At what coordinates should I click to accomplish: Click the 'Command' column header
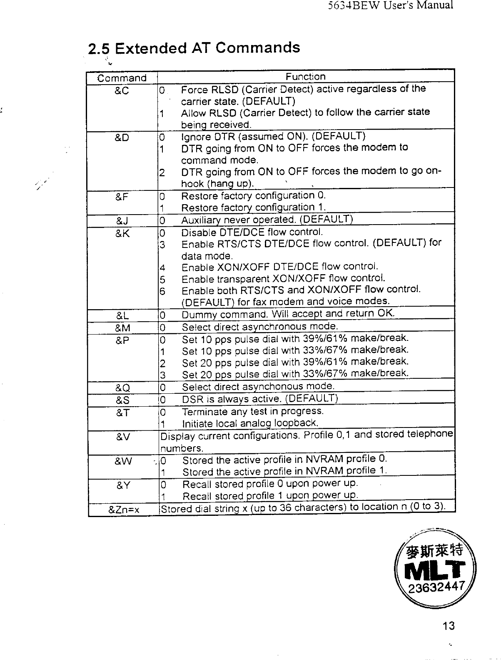pos(122,78)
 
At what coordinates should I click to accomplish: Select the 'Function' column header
pos(305,77)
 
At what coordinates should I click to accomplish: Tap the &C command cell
pos(121,91)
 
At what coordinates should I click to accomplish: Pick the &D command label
pos(121,137)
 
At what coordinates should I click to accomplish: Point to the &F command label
pos(121,197)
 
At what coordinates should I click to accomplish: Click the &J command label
pos(122,220)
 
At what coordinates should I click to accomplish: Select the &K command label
pos(122,233)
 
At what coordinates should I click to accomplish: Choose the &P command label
pos(122,340)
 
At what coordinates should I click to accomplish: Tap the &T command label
pos(122,412)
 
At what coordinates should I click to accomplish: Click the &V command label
pos(123,437)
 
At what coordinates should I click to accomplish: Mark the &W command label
pos(123,461)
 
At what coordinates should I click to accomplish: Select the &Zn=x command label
pos(124,509)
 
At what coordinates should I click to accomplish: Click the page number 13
pos(448,626)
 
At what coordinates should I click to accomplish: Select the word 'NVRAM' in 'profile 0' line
pos(324,459)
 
